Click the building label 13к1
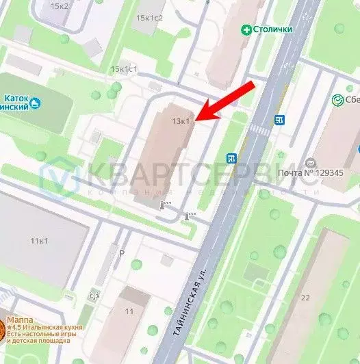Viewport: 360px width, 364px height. (x=181, y=121)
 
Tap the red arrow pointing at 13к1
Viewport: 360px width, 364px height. (x=227, y=101)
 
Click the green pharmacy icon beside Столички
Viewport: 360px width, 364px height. (x=246, y=29)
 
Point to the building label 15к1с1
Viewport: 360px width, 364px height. (x=125, y=69)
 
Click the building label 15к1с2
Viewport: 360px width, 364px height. (x=149, y=18)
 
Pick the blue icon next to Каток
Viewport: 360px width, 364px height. (x=36, y=103)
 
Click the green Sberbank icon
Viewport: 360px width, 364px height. (x=337, y=100)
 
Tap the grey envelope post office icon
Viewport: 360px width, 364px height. (x=311, y=162)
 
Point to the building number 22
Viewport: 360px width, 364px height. (x=305, y=297)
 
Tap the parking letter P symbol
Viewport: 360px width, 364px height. (x=123, y=252)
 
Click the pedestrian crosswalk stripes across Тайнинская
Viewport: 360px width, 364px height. (x=257, y=129)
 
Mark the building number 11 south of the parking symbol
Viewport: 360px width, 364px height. (x=129, y=311)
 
